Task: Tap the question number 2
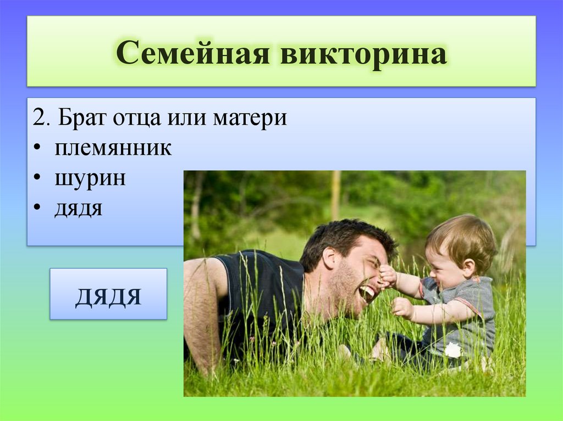(x=41, y=117)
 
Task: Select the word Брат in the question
(x=82, y=117)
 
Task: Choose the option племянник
(x=113, y=148)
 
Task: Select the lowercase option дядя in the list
(x=78, y=209)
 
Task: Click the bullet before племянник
(x=37, y=148)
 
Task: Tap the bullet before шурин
(x=37, y=178)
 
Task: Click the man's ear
(x=329, y=257)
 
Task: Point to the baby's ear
(x=468, y=267)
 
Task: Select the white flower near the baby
(x=453, y=350)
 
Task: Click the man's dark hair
(x=345, y=237)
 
